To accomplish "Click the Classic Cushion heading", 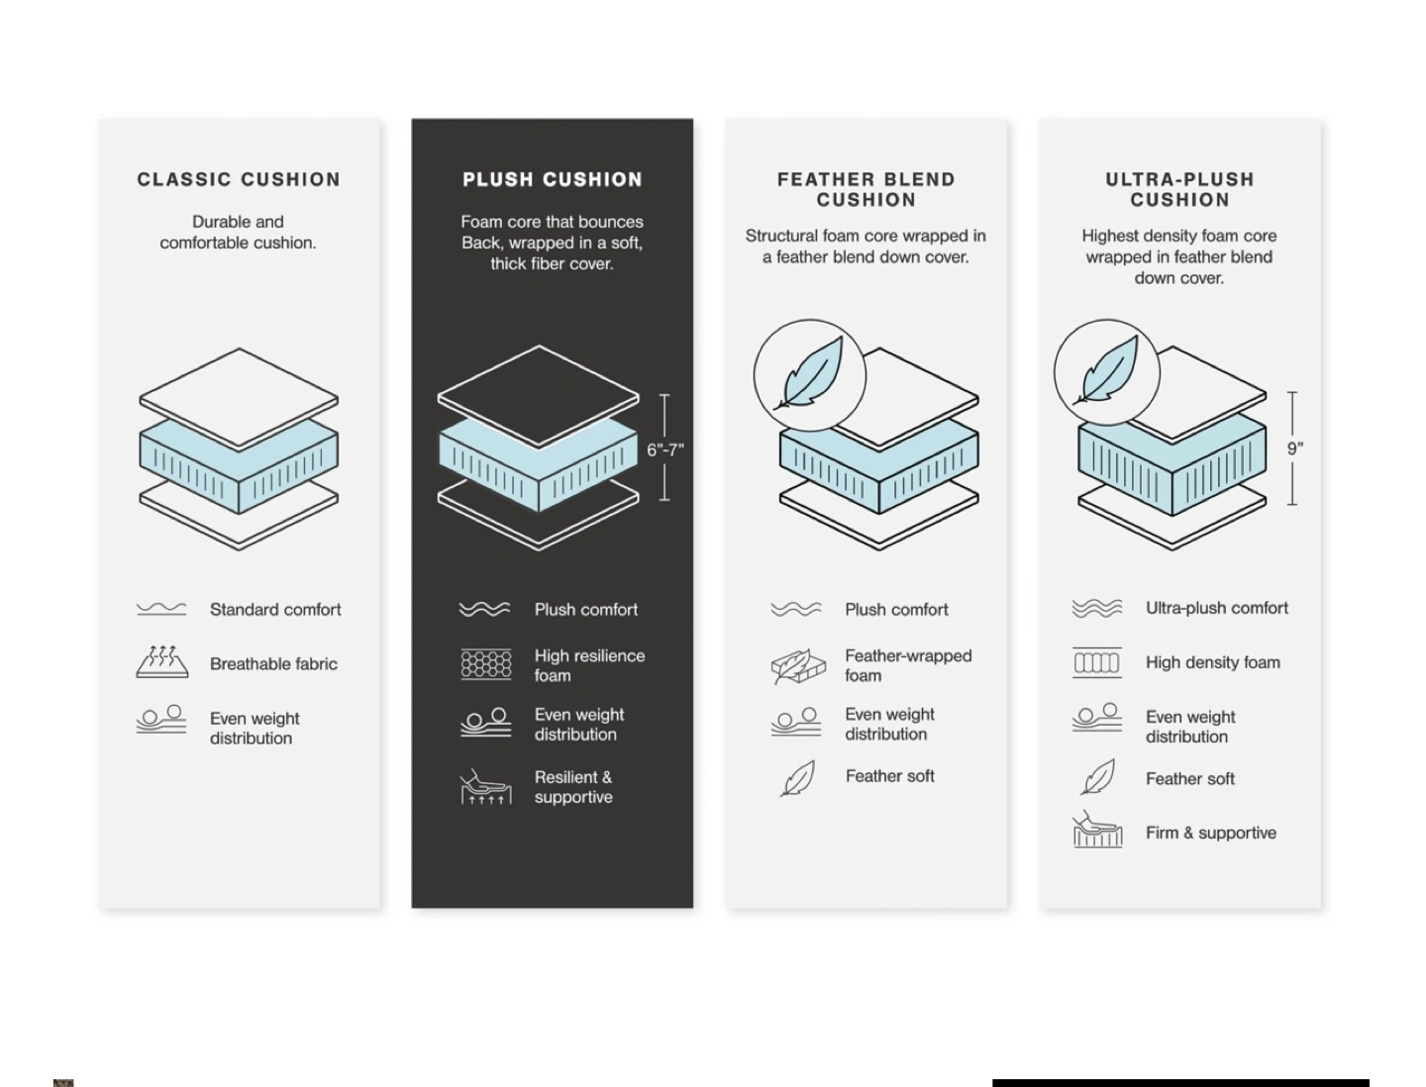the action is pyautogui.click(x=239, y=179).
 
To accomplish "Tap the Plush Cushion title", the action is pyautogui.click(x=553, y=179).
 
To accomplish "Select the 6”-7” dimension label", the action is pyautogui.click(x=665, y=449).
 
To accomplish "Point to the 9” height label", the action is pyautogui.click(x=1294, y=448).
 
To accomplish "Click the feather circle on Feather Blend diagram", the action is pyautogui.click(x=809, y=374).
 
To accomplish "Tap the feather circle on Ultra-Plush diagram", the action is pyautogui.click(x=1106, y=372).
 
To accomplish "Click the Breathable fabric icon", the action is pyautogui.click(x=161, y=661).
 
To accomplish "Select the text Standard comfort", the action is pyautogui.click(x=275, y=610).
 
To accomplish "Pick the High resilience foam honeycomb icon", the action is pyautogui.click(x=486, y=664).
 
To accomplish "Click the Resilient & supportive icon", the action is pyautogui.click(x=486, y=787).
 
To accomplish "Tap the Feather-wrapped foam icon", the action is pyautogui.click(x=798, y=665).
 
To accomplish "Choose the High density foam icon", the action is pyautogui.click(x=1096, y=662).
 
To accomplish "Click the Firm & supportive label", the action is pyautogui.click(x=1211, y=834).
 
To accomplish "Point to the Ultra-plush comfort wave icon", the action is pyautogui.click(x=1096, y=609).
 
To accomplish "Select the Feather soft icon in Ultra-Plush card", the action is pyautogui.click(x=1098, y=776).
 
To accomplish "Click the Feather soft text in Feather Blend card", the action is pyautogui.click(x=889, y=776).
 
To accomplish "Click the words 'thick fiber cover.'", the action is pyautogui.click(x=552, y=263).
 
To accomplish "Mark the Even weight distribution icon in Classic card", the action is pyautogui.click(x=161, y=720).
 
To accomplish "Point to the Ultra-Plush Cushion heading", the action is pyautogui.click(x=1179, y=190).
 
